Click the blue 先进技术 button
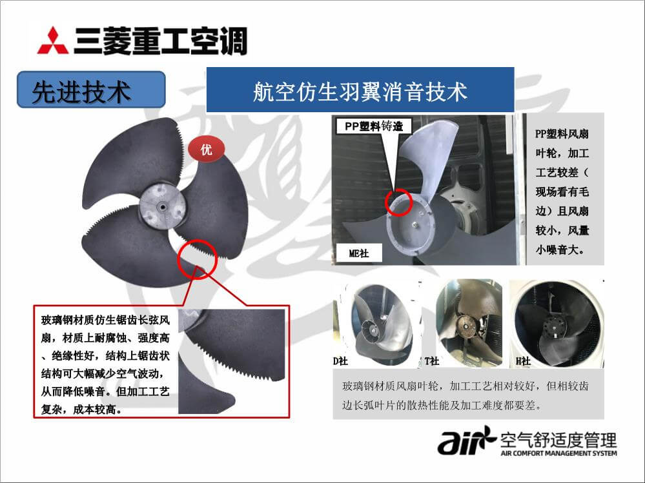pyautogui.click(x=91, y=90)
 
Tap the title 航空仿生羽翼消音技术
pyautogui.click(x=360, y=91)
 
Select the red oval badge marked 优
pyautogui.click(x=207, y=149)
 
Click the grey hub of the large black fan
pyautogui.click(x=162, y=205)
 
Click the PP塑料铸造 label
pyautogui.click(x=374, y=126)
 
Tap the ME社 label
pyautogui.click(x=359, y=253)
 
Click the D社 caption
pyautogui.click(x=340, y=361)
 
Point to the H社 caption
pyautogui.click(x=523, y=361)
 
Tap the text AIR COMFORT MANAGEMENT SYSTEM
pyautogui.click(x=558, y=453)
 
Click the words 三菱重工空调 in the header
pyautogui.click(x=160, y=40)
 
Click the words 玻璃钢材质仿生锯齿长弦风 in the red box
pyautogui.click(x=105, y=320)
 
